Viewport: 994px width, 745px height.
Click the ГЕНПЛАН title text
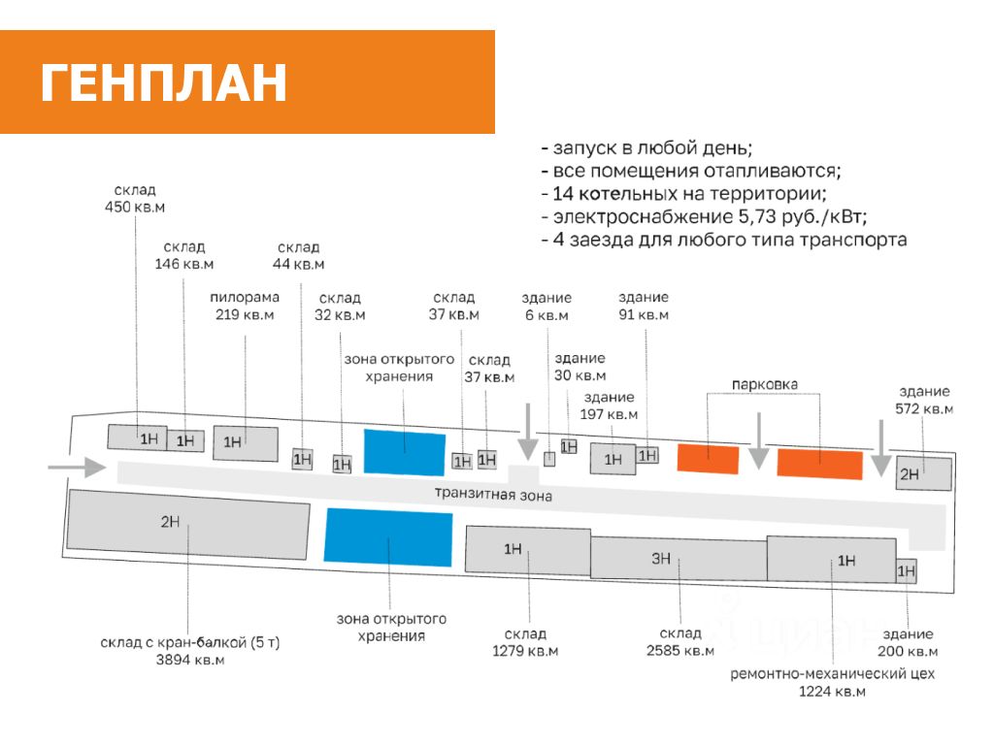click(164, 83)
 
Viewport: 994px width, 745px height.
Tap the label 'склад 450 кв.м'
click(135, 199)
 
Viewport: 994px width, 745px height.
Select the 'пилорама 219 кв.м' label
click(245, 306)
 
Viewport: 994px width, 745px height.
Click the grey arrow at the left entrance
click(78, 469)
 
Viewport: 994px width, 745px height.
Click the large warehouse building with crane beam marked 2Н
click(187, 533)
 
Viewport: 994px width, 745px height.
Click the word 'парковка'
click(766, 384)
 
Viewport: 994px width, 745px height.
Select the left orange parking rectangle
click(708, 458)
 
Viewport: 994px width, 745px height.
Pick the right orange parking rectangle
click(820, 465)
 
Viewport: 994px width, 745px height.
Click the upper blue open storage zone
click(405, 451)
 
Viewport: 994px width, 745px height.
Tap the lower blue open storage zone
click(388, 537)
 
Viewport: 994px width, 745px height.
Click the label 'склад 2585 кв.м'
click(679, 642)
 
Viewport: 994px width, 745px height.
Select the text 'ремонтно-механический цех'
click(832, 672)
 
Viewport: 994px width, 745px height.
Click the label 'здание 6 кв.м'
click(547, 307)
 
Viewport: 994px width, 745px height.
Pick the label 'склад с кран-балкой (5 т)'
click(190, 642)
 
